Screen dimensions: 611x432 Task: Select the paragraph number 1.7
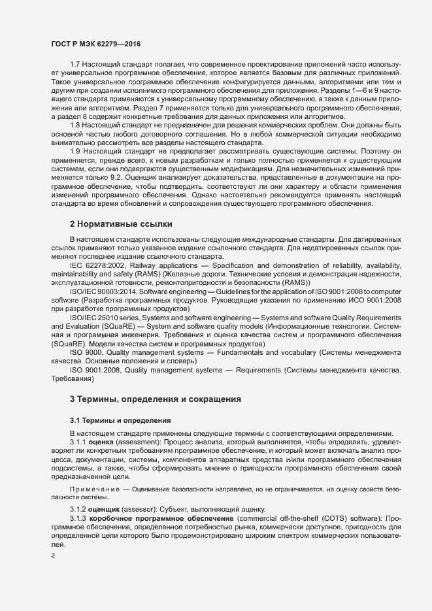[75, 65]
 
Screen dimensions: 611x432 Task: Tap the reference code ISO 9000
[84, 352]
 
